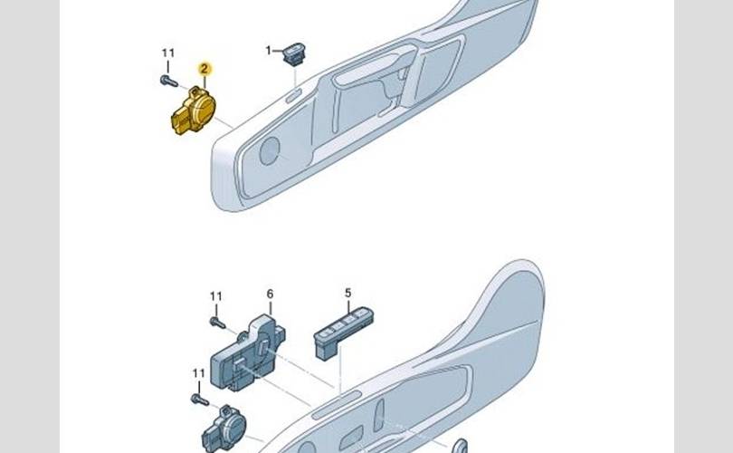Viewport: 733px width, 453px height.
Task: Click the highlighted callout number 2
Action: click(205, 69)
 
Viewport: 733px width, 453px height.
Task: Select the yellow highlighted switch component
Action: click(193, 111)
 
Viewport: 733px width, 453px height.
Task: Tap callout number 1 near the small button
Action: click(269, 50)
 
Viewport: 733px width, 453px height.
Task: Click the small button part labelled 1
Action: click(294, 53)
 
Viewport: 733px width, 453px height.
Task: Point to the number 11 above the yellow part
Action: click(168, 53)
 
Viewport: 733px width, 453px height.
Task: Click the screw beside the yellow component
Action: click(168, 82)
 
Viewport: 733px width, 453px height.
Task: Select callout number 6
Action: click(271, 294)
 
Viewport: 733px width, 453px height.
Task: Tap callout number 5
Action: click(347, 293)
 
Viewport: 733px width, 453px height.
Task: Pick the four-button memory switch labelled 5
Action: click(343, 332)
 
